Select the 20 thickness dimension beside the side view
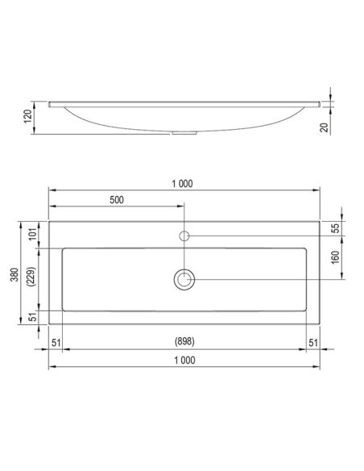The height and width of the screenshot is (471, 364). click(323, 127)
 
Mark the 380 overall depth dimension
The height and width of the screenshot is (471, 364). click(13, 275)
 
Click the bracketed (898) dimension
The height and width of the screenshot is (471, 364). click(184, 342)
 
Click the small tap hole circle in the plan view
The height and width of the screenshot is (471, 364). click(184, 235)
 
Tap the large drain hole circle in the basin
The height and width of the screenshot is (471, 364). click(184, 279)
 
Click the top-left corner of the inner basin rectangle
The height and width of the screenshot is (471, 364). click(64, 248)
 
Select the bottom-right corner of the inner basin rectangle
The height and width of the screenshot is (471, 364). click(306, 311)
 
